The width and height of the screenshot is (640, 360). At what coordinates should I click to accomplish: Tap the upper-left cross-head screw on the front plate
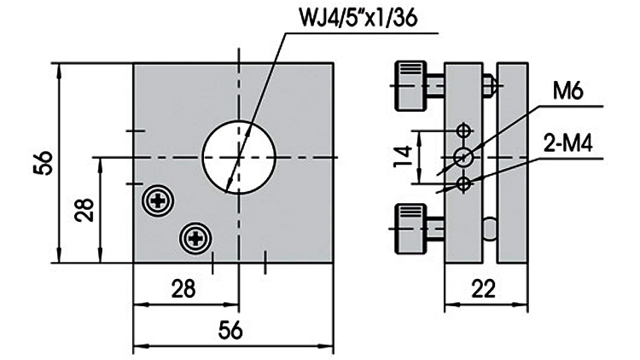159,201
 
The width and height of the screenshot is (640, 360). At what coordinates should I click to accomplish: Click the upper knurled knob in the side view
408,85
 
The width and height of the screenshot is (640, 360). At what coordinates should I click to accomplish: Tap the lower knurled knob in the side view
408,228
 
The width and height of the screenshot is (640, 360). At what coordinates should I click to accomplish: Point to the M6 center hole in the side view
463,157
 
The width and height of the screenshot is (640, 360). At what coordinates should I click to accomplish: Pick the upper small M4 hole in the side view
463,131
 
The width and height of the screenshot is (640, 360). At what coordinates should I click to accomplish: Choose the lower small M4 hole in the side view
463,183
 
